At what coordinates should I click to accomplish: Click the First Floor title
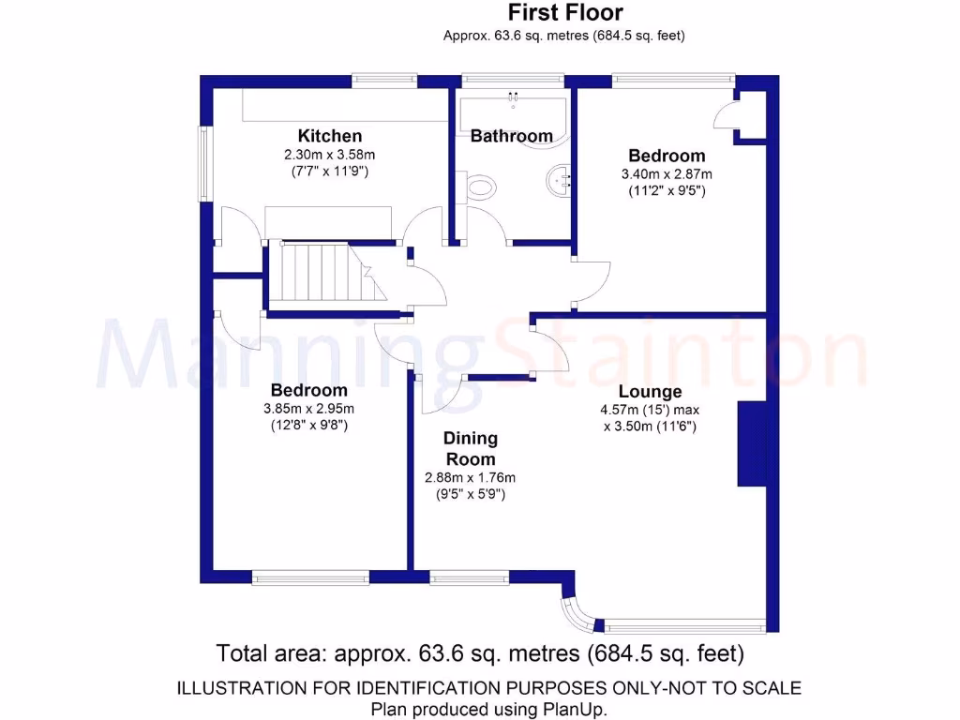pyautogui.click(x=564, y=13)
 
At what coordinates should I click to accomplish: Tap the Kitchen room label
pyautogui.click(x=329, y=136)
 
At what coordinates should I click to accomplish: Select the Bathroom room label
pyautogui.click(x=511, y=136)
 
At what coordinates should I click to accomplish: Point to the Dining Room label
pyautogui.click(x=470, y=448)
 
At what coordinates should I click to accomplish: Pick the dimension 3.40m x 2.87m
pyautogui.click(x=666, y=173)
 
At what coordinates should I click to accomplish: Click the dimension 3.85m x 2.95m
pyautogui.click(x=308, y=408)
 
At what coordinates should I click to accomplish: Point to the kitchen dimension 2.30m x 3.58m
pyautogui.click(x=329, y=155)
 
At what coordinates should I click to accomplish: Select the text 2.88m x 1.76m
pyautogui.click(x=470, y=477)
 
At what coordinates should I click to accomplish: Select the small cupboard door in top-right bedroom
pyautogui.click(x=724, y=117)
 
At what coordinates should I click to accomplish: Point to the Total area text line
pyautogui.click(x=480, y=652)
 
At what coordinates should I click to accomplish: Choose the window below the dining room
pyautogui.click(x=470, y=577)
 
